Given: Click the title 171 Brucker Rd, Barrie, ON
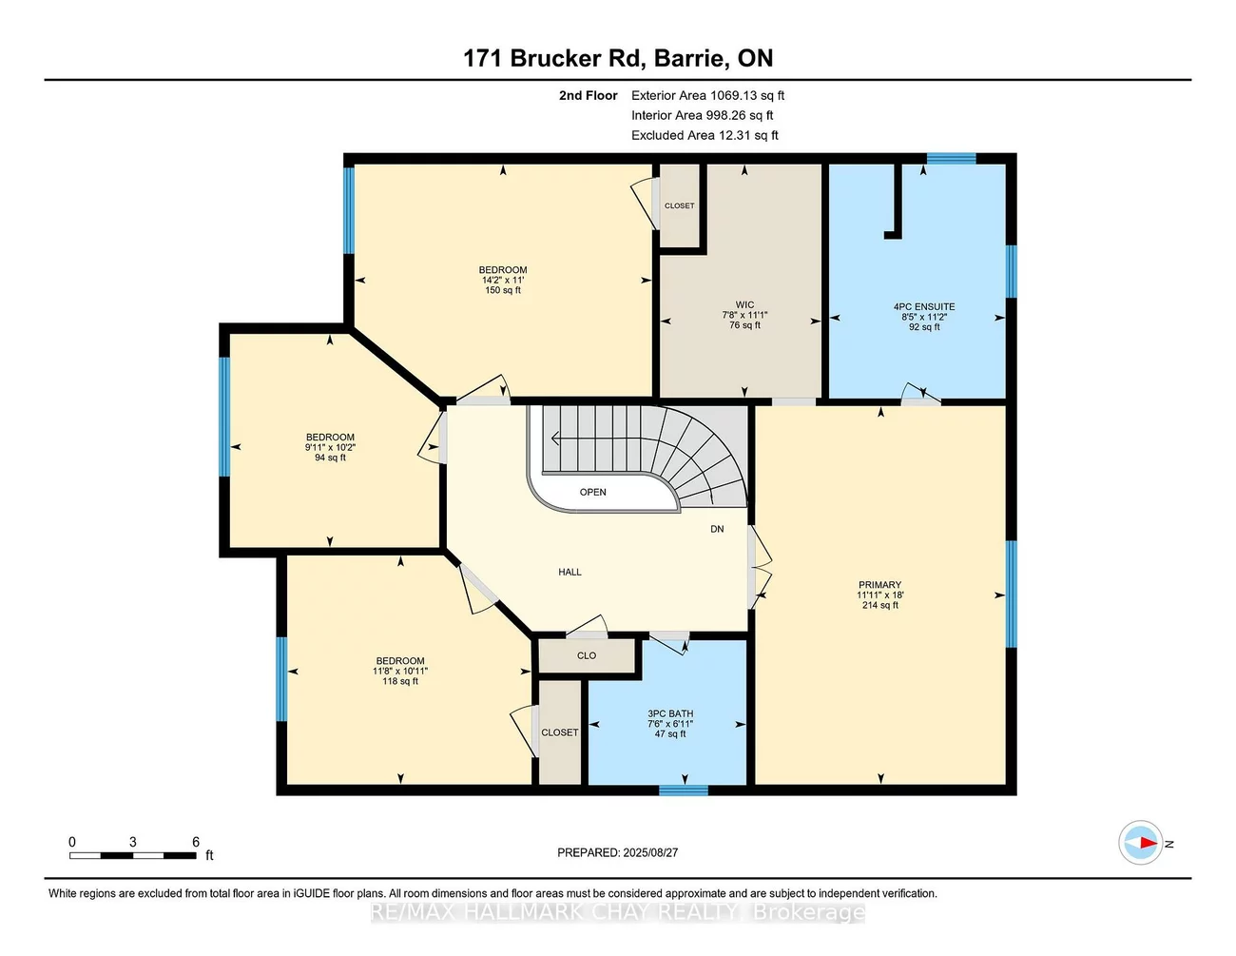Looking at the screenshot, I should point(618,58).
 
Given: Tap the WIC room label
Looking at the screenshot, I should point(744,305).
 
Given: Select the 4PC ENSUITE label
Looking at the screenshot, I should point(923,306).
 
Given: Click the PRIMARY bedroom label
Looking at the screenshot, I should point(879,585).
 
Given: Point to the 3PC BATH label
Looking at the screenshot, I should point(670,713).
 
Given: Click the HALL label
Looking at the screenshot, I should point(570,572).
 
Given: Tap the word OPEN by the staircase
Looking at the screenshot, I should point(592,492).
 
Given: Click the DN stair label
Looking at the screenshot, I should point(717,529).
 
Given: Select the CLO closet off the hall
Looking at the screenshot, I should point(587,655).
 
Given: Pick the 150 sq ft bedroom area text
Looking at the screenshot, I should point(503,290).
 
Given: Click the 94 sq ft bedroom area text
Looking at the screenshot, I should point(330,458).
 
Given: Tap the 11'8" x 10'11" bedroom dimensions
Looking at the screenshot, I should point(400,671).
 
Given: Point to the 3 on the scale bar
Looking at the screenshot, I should point(132,842).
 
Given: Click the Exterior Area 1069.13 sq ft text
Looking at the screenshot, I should point(707,95).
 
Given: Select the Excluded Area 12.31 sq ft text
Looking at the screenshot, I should point(705,135).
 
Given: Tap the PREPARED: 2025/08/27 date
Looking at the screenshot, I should point(617,852).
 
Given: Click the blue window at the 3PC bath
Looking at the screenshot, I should point(683,790).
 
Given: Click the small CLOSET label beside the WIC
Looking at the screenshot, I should point(679,205).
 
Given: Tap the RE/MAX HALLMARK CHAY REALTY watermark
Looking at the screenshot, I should point(617,912).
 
